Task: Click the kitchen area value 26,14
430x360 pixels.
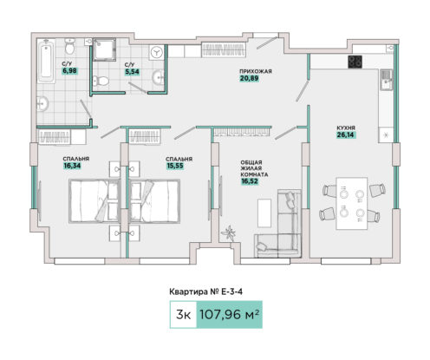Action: pyautogui.click(x=345, y=134)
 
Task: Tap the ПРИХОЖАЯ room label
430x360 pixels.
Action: pyautogui.click(x=256, y=71)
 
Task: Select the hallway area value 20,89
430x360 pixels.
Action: pyautogui.click(x=249, y=78)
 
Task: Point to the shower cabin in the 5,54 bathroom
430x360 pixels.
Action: pyautogui.click(x=104, y=49)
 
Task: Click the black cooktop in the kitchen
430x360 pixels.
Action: pyautogui.click(x=355, y=62)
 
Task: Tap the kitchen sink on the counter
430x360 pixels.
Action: pyautogui.click(x=386, y=80)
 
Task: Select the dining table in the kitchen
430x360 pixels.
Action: pyautogui.click(x=352, y=203)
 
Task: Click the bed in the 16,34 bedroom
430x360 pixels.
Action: pyautogui.click(x=94, y=201)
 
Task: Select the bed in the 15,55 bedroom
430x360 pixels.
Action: pyautogui.click(x=154, y=201)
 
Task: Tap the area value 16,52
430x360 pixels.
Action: pyautogui.click(x=250, y=181)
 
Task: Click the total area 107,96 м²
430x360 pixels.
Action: pyautogui.click(x=229, y=315)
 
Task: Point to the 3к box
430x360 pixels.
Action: pyautogui.click(x=183, y=315)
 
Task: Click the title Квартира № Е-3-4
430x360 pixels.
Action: pyautogui.click(x=205, y=291)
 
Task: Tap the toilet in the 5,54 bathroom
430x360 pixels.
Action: pyautogui.click(x=101, y=81)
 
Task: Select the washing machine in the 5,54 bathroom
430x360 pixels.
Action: pyautogui.click(x=157, y=52)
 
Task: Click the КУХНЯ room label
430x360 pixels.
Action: pyautogui.click(x=346, y=128)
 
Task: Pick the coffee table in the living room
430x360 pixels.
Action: pyautogui.click(x=264, y=213)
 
